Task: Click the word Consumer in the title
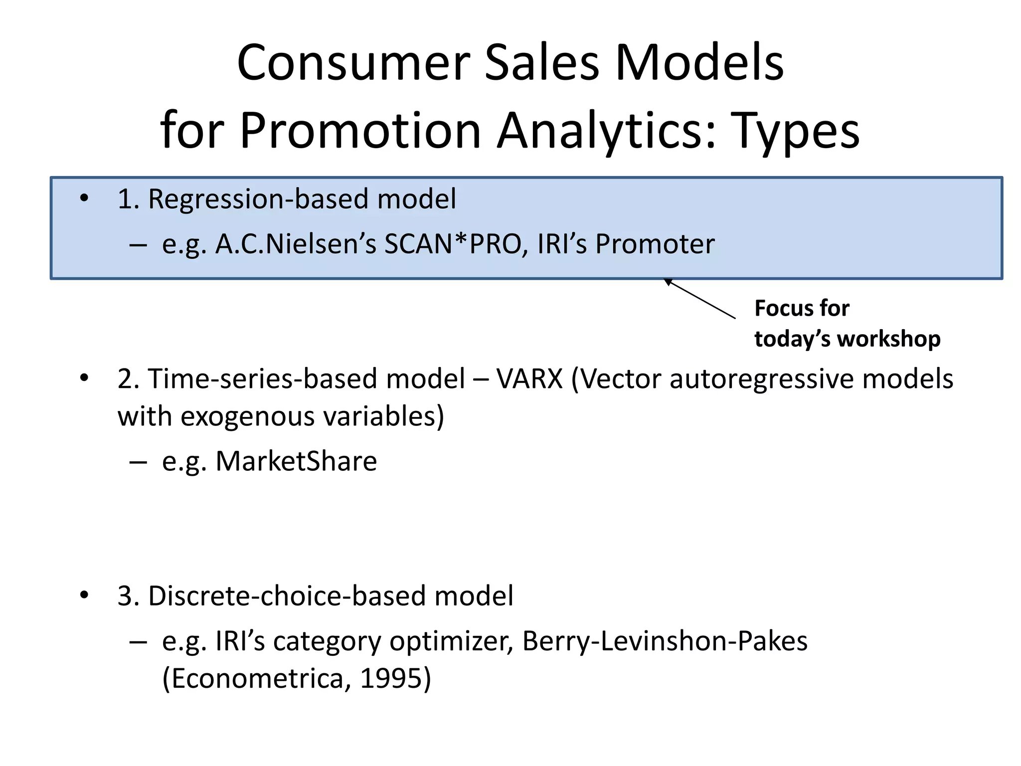354,63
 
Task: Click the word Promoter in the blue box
655,244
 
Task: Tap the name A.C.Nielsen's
296,244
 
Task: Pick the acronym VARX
529,379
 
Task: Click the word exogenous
247,416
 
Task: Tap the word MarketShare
296,461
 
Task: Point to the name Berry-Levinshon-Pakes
665,641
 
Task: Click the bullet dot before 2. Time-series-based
84,379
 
